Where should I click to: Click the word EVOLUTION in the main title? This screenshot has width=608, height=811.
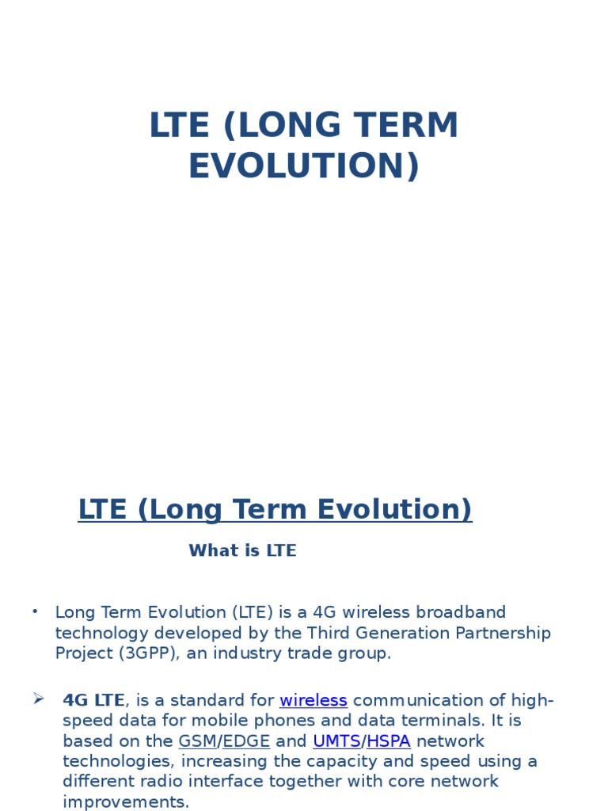point(303,166)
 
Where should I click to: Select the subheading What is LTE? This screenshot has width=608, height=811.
point(242,551)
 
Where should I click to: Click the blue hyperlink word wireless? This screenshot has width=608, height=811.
point(313,700)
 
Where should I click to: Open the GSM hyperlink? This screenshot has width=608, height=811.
point(197,741)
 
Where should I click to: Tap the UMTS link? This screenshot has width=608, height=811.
point(336,741)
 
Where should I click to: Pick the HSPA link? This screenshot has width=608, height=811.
point(389,741)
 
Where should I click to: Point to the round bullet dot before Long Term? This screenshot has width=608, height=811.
point(35,611)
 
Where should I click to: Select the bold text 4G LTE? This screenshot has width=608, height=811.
point(93,700)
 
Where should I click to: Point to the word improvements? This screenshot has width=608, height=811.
point(126,801)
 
